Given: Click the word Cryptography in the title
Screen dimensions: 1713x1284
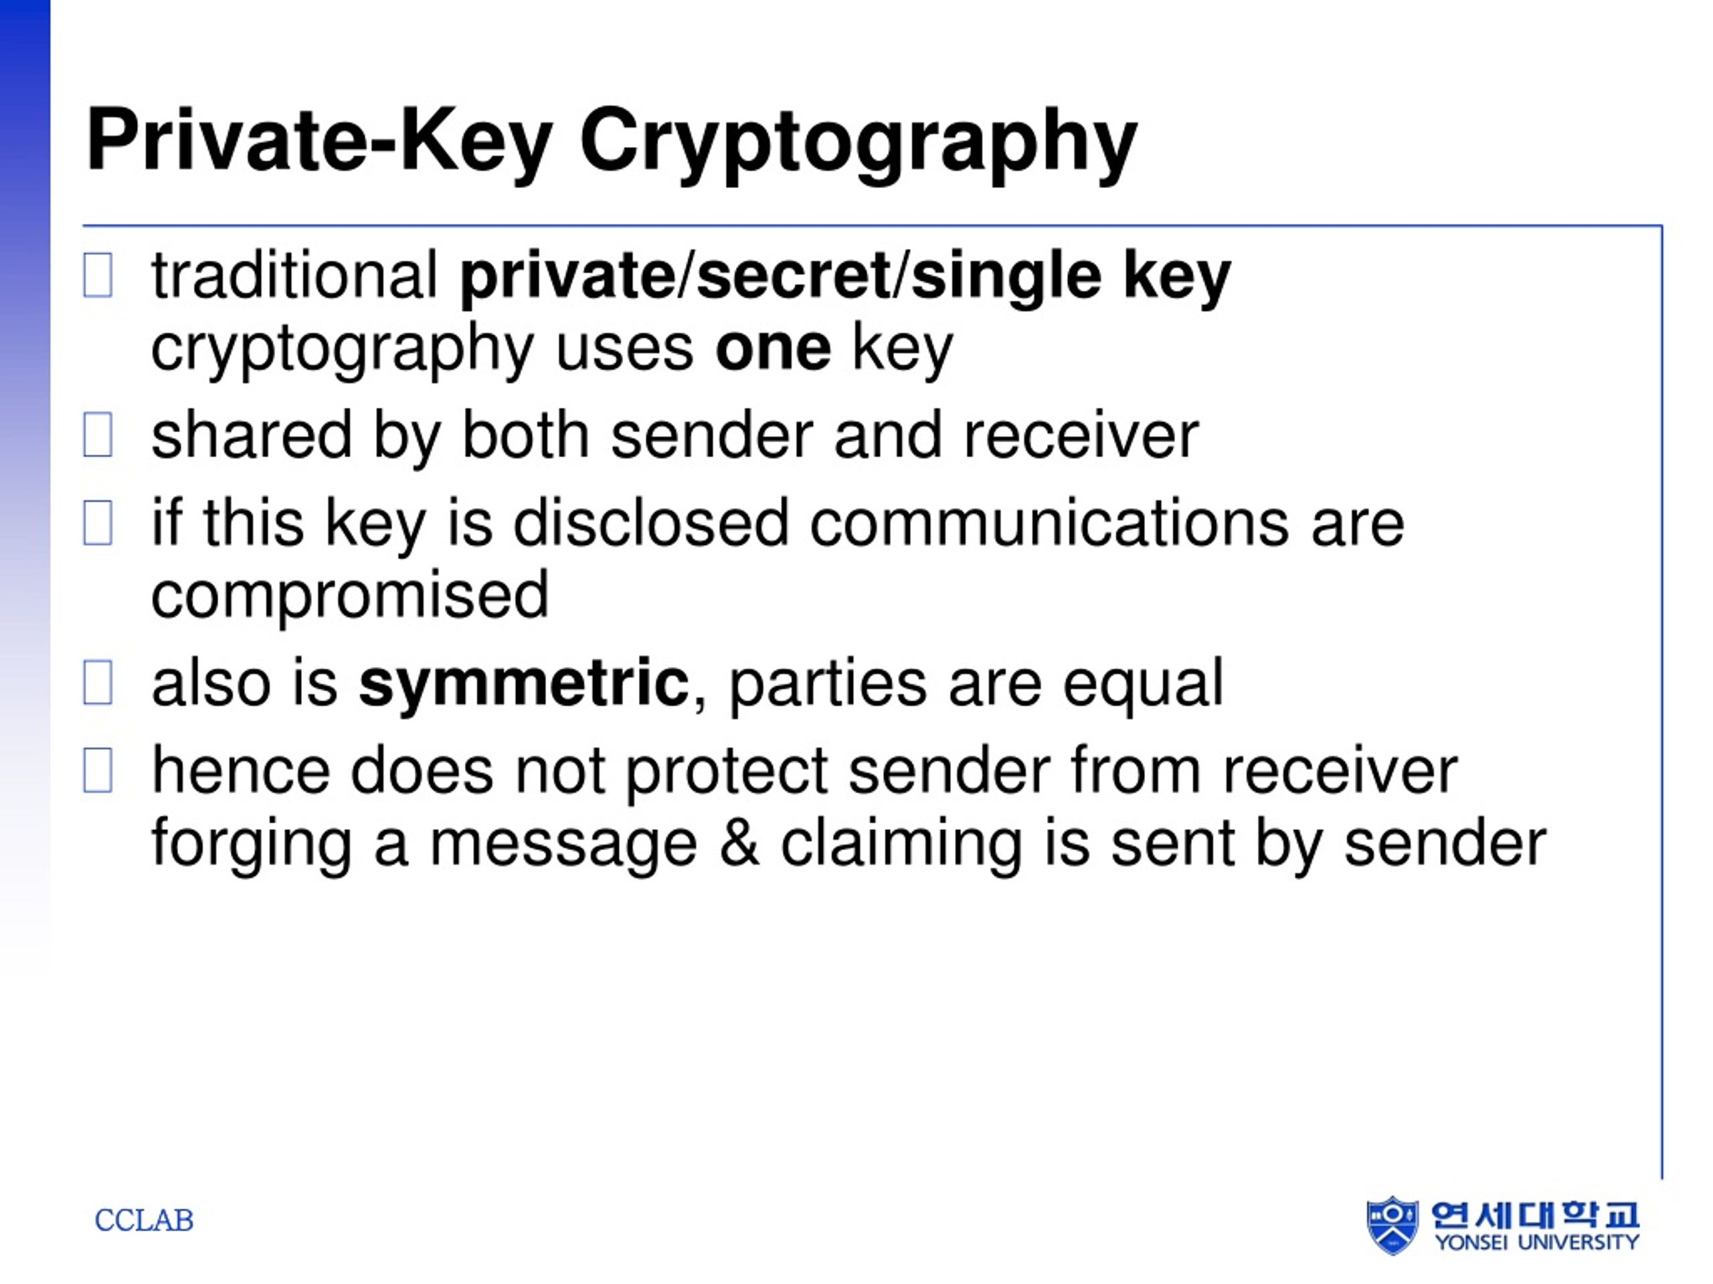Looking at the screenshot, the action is [858, 144].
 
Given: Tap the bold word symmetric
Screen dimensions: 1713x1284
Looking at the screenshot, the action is [523, 684].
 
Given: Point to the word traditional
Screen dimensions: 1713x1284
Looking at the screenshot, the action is [295, 276].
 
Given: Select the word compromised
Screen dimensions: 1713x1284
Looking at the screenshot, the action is [350, 596].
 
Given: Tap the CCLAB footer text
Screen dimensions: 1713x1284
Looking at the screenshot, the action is [144, 1220].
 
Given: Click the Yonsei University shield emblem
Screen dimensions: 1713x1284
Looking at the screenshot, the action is [1392, 1225].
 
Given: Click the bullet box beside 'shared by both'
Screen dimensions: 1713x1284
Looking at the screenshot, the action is [98, 435].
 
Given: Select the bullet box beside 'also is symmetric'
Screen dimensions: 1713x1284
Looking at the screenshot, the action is [98, 683].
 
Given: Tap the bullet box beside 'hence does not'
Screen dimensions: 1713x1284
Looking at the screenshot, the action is [98, 771].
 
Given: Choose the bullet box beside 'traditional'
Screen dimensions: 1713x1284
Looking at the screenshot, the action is [98, 276].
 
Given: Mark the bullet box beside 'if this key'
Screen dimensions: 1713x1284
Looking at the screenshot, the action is [98, 523].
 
